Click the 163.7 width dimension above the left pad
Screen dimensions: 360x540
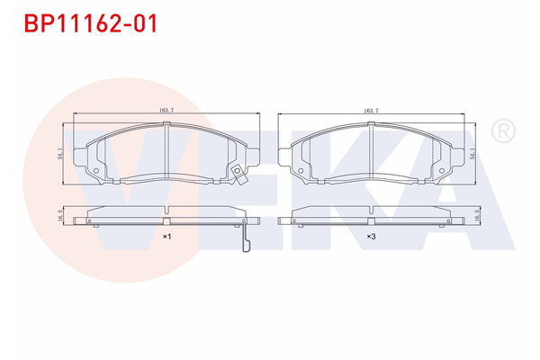(166, 110)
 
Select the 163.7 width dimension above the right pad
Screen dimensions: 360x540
(371, 110)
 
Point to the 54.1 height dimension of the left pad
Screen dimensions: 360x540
(60, 154)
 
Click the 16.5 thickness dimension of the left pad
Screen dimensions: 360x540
(60, 216)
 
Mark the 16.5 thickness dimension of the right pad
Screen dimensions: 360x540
(474, 216)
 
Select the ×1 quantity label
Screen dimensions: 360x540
(166, 236)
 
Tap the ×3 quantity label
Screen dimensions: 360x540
(371, 236)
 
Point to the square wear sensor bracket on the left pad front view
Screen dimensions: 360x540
(236, 175)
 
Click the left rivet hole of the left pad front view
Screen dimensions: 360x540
(95, 167)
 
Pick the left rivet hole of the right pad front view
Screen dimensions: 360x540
(300, 167)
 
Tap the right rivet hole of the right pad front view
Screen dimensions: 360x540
(441, 167)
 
